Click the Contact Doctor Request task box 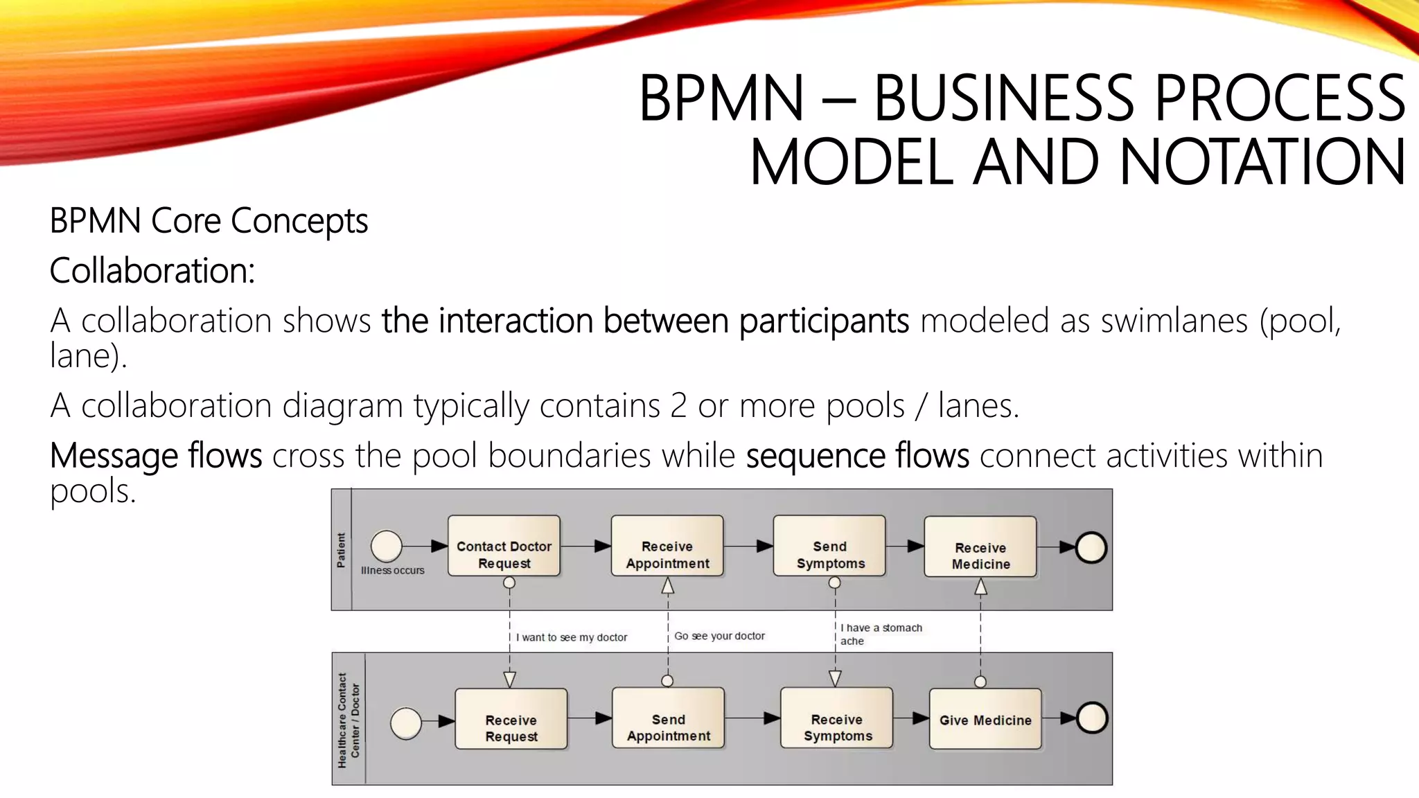coord(504,546)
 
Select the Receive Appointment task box coord(667,546)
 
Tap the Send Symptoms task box coord(829,546)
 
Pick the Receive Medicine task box coord(980,547)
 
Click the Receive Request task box coord(511,719)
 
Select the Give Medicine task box coord(985,719)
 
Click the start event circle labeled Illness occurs coord(387,546)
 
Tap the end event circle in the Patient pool coord(1091,547)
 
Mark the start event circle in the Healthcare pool coord(406,723)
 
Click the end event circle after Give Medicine coord(1092,718)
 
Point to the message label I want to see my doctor coord(572,637)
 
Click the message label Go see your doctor coord(719,636)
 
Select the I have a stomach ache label coord(881,634)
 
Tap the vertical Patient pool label coord(341,550)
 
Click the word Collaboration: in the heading coord(152,270)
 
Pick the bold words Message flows coord(156,456)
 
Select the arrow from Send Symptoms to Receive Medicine coord(905,546)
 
